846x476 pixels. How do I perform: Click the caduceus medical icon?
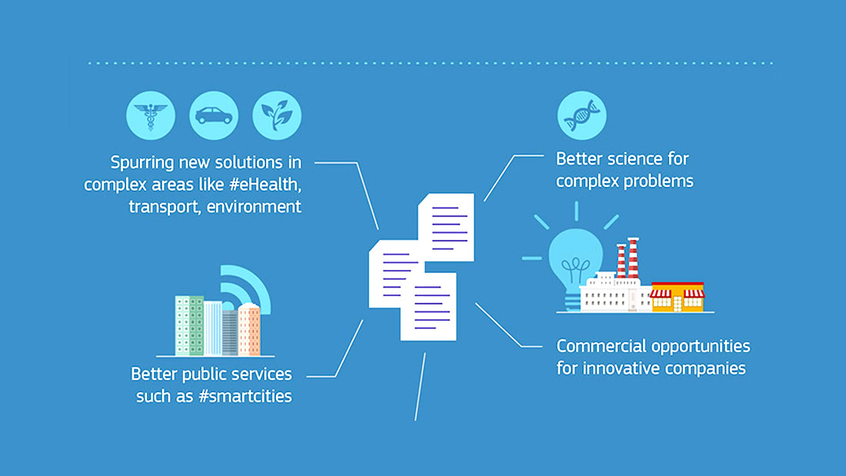[x=151, y=115]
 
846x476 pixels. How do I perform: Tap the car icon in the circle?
[x=214, y=115]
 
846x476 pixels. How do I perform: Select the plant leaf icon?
[x=277, y=115]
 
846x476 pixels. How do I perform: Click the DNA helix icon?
[x=581, y=115]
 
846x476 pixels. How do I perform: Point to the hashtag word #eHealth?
[x=265, y=185]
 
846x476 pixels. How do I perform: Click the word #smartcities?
[x=245, y=396]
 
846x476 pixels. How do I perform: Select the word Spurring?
[x=142, y=163]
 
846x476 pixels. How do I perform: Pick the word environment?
[x=254, y=207]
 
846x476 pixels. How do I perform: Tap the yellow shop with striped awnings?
[x=677, y=297]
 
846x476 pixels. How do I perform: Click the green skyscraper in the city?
[x=189, y=325]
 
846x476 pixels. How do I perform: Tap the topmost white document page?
[x=446, y=227]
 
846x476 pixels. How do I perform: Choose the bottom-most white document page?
[x=429, y=307]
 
